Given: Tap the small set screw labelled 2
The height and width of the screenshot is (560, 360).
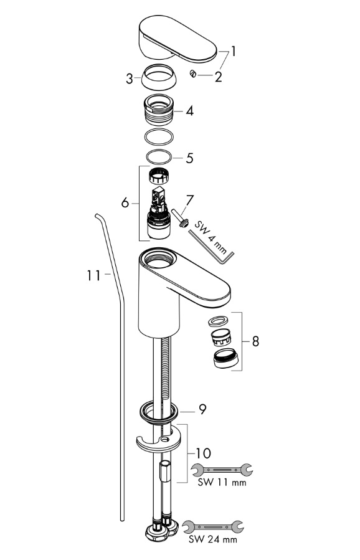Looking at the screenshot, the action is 193,74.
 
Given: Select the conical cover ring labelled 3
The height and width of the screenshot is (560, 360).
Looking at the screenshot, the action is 159,77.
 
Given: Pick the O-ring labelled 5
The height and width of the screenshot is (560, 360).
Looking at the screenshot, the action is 159,157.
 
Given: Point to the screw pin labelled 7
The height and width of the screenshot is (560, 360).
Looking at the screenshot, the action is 181,219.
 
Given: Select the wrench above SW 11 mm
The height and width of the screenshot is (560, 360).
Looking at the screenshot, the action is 222,470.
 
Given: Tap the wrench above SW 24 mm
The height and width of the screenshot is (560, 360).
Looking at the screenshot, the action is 213,526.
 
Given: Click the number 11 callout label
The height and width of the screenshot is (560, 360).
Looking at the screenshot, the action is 93,275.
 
